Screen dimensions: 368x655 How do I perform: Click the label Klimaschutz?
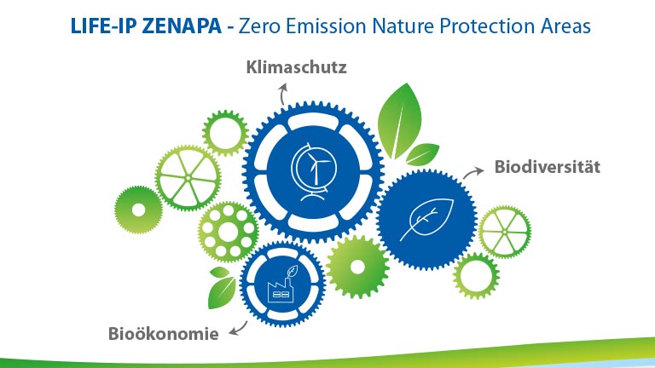tap(296, 66)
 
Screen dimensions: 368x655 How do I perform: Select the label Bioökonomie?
tap(163, 332)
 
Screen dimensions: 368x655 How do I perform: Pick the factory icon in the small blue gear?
tap(281, 284)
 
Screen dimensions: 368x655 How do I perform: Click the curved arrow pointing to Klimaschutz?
tap(284, 95)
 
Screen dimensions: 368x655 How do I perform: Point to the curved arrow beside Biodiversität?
tap(471, 173)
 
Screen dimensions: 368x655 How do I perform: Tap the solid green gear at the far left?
tap(138, 206)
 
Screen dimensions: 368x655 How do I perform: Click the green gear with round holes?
tap(228, 231)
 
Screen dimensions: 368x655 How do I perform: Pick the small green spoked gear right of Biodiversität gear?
tap(504, 232)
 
